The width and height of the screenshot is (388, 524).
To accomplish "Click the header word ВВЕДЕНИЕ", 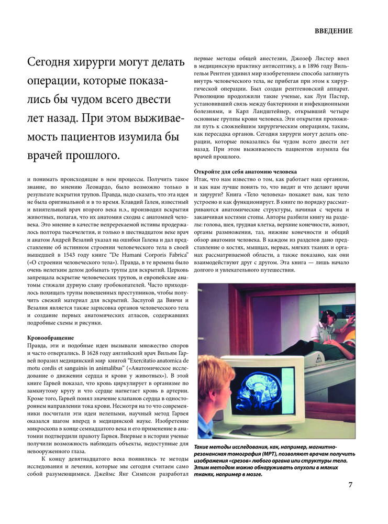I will click(334, 31).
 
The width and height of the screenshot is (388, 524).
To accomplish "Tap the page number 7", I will click(350, 484).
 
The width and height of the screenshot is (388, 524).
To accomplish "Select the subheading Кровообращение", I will click(51, 338).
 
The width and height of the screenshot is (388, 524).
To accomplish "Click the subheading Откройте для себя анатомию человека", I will click(246, 171).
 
